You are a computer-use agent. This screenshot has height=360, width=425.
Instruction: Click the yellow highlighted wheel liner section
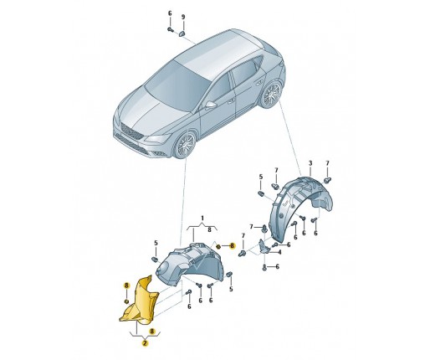pos(141,303)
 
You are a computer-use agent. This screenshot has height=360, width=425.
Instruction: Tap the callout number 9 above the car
pos(183,17)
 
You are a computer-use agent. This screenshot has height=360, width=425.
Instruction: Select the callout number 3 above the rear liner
pos(310,163)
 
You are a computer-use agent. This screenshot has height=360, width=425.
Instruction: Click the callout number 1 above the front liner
pos(202,218)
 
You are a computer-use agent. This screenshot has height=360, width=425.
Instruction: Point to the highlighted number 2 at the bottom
pos(145,343)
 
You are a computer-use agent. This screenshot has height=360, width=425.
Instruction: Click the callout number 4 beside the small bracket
pos(279,252)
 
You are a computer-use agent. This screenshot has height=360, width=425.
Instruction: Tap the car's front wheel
pos(186,145)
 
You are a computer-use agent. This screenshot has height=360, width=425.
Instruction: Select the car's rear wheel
pos(272,94)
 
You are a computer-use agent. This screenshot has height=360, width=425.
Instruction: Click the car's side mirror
pos(211,105)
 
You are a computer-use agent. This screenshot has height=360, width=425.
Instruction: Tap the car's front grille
pos(131,131)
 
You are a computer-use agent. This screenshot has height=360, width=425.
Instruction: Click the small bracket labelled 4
pos(264,248)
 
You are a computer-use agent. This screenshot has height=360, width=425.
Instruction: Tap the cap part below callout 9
pos(182,33)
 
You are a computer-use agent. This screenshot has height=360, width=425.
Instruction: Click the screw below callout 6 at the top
pos(170,29)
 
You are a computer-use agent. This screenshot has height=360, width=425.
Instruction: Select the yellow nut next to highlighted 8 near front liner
pos(218,246)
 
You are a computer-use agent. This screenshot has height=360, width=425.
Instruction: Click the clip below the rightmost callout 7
pos(327,180)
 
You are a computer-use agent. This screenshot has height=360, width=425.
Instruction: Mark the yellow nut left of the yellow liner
pos(126,301)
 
